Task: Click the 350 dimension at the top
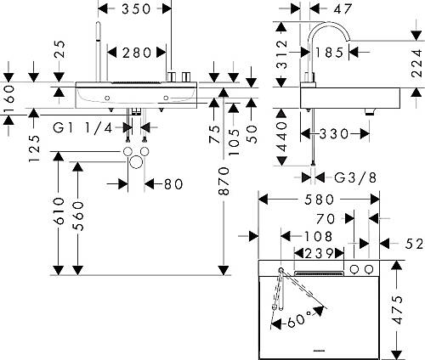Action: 136,9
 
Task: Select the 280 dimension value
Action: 137,53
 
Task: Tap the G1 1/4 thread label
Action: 82,128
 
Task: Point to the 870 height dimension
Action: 224,181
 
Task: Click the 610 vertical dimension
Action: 59,211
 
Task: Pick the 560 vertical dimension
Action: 78,216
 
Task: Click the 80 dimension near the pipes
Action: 173,184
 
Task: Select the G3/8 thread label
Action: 355,177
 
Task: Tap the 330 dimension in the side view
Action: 334,134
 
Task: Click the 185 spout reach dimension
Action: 329,53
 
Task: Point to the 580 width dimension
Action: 320,200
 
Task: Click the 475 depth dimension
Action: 398,310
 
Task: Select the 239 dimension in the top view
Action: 319,254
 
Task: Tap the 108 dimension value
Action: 318,236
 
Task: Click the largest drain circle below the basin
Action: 136,162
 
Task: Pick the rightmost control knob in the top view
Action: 369,269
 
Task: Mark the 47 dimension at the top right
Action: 343,9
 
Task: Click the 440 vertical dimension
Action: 281,138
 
